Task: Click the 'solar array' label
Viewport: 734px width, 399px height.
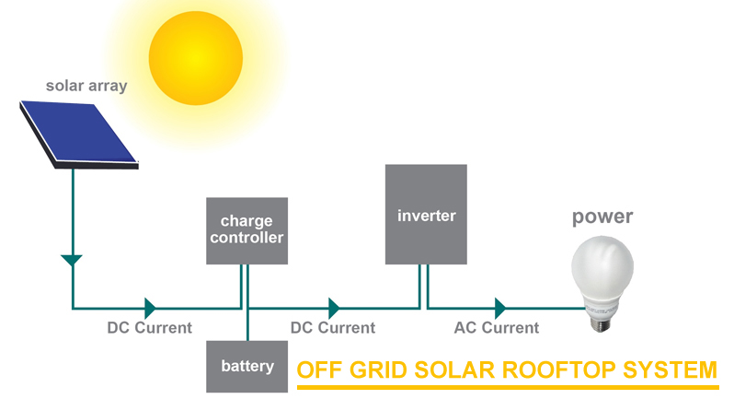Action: click(86, 87)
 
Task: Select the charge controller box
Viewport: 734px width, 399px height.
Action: click(247, 230)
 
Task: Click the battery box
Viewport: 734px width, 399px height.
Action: click(247, 366)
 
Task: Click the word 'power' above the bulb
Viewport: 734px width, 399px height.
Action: click(602, 217)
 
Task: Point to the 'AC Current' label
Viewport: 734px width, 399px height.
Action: click(497, 328)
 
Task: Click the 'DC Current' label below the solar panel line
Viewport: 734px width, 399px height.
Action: click(149, 327)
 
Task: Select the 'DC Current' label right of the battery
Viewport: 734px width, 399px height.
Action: click(332, 328)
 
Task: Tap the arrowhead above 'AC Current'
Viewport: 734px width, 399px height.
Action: click(500, 308)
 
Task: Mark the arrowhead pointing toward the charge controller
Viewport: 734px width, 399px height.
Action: click(150, 308)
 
